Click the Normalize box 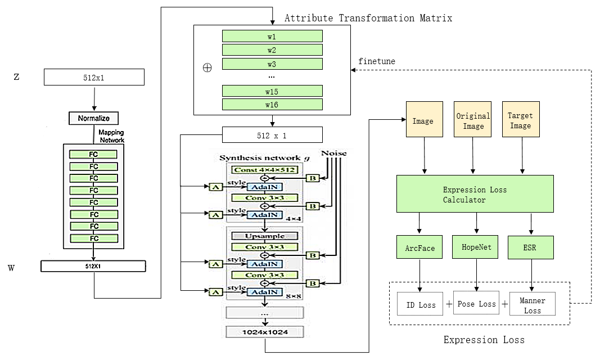point(93,118)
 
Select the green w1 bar point(272,36)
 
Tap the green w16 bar point(272,104)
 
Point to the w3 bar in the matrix point(272,64)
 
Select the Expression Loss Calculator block point(475,193)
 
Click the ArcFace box point(420,247)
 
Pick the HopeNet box point(475,247)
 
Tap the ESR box point(530,247)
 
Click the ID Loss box point(421,304)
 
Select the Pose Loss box point(476,304)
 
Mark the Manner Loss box point(532,304)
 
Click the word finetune point(376,61)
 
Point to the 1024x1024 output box point(265,332)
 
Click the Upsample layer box point(264,236)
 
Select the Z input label point(16,77)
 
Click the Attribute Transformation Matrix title point(368,18)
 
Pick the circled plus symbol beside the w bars point(207,67)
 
